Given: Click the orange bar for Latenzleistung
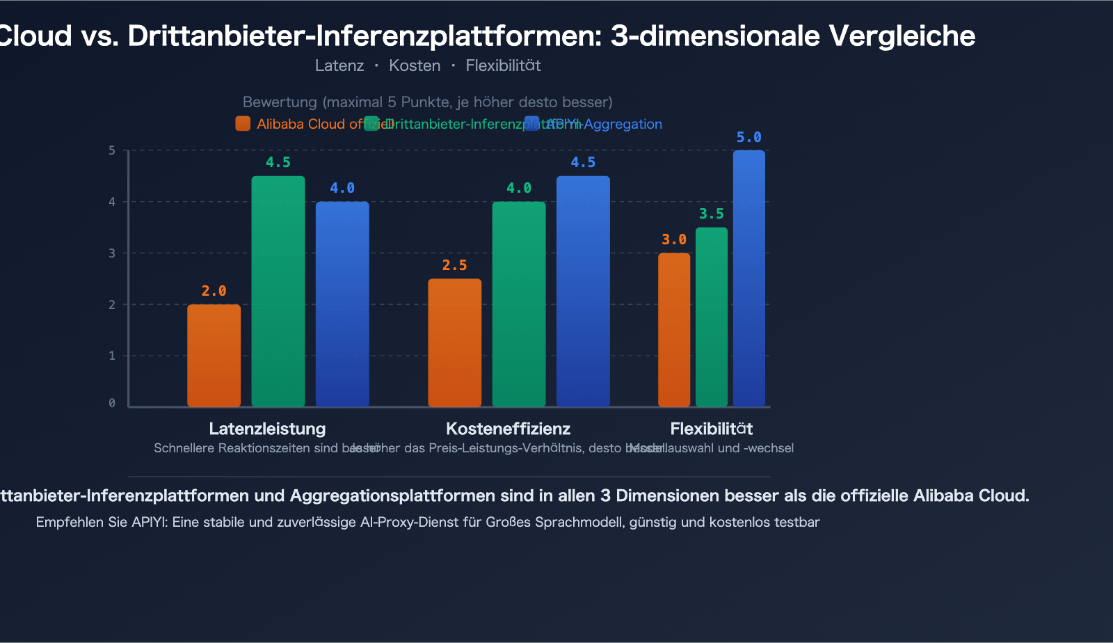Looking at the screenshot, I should pyautogui.click(x=214, y=356).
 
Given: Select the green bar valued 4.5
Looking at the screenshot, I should pyautogui.click(x=278, y=292).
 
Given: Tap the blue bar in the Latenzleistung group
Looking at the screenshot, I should pyautogui.click(x=342, y=304).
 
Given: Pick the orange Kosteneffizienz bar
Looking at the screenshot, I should pyautogui.click(x=454, y=343).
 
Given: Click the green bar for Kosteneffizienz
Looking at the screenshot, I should pyautogui.click(x=519, y=304).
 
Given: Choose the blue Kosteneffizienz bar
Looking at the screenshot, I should pyautogui.click(x=583, y=292).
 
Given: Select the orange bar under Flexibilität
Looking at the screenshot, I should pyautogui.click(x=674, y=330).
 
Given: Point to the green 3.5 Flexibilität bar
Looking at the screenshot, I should pyautogui.click(x=712, y=317).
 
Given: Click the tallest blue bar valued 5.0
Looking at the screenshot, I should pyautogui.click(x=748, y=278).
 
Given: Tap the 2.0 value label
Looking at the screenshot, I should pyautogui.click(x=214, y=291).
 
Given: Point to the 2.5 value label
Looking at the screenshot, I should pyautogui.click(x=454, y=265).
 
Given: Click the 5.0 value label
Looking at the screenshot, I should pyautogui.click(x=748, y=137).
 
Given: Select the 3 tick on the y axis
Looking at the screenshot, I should pyautogui.click(x=112, y=253).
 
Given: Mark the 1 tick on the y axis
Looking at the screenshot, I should pyautogui.click(x=112, y=356).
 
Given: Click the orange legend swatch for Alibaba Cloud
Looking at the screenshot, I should pyautogui.click(x=243, y=124).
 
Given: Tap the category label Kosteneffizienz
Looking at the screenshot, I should pyautogui.click(x=508, y=429).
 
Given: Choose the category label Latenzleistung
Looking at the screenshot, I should pyautogui.click(x=267, y=429).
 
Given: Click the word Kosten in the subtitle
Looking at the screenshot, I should pyautogui.click(x=415, y=65).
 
